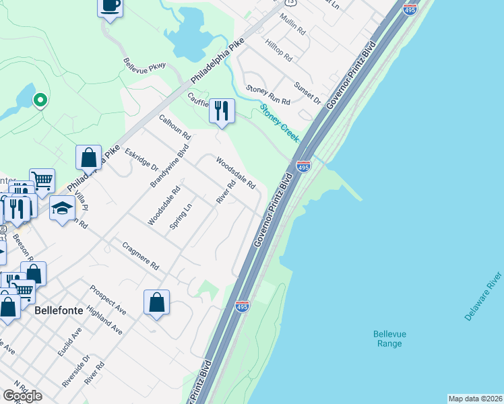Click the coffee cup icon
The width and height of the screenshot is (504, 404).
111,5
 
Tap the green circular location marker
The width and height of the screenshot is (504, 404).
40,101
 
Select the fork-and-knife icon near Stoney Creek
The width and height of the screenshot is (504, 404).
222,110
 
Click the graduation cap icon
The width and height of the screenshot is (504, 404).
62,208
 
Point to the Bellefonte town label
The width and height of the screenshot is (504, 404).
57,313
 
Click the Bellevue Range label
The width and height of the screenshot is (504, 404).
389,339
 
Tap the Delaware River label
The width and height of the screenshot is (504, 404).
483,296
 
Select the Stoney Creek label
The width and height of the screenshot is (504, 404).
279,122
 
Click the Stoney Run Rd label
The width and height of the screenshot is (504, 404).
267,95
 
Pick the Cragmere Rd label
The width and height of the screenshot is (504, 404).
141,256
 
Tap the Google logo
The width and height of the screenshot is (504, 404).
23,395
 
